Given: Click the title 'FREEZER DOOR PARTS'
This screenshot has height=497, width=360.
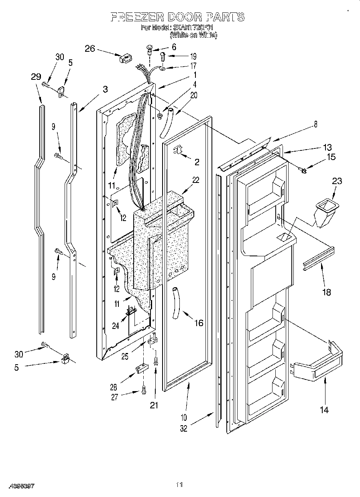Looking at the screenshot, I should coord(177,16).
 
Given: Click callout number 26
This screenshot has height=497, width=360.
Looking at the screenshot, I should coord(90,49).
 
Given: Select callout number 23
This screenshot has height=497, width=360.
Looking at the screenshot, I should coord(337,181).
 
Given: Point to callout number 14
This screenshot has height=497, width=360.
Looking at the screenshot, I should coord(324,410).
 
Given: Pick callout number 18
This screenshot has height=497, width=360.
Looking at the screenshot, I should coord(327,292).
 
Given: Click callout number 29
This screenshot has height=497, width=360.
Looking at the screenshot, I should coord(36,77).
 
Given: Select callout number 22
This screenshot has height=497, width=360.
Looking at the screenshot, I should coord(195,180).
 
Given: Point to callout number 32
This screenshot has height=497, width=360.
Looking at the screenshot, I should coord(183,428).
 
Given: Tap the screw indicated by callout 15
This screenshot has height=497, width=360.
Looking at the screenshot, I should coord(304,171).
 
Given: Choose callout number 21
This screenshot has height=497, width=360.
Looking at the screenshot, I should coord(154,405).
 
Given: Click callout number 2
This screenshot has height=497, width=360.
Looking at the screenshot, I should coord(197,162).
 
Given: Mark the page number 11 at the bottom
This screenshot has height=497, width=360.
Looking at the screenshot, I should coord(179,485).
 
